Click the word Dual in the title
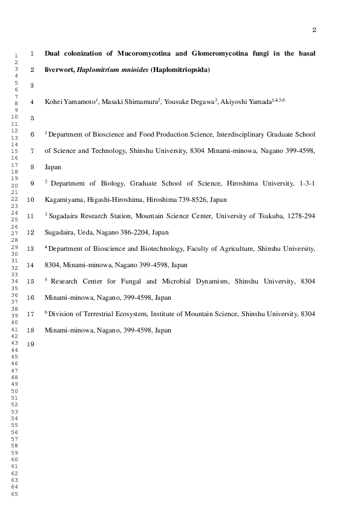click(53, 53)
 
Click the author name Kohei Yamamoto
click(70, 102)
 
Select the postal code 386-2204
click(137, 232)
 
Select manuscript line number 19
click(31, 346)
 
